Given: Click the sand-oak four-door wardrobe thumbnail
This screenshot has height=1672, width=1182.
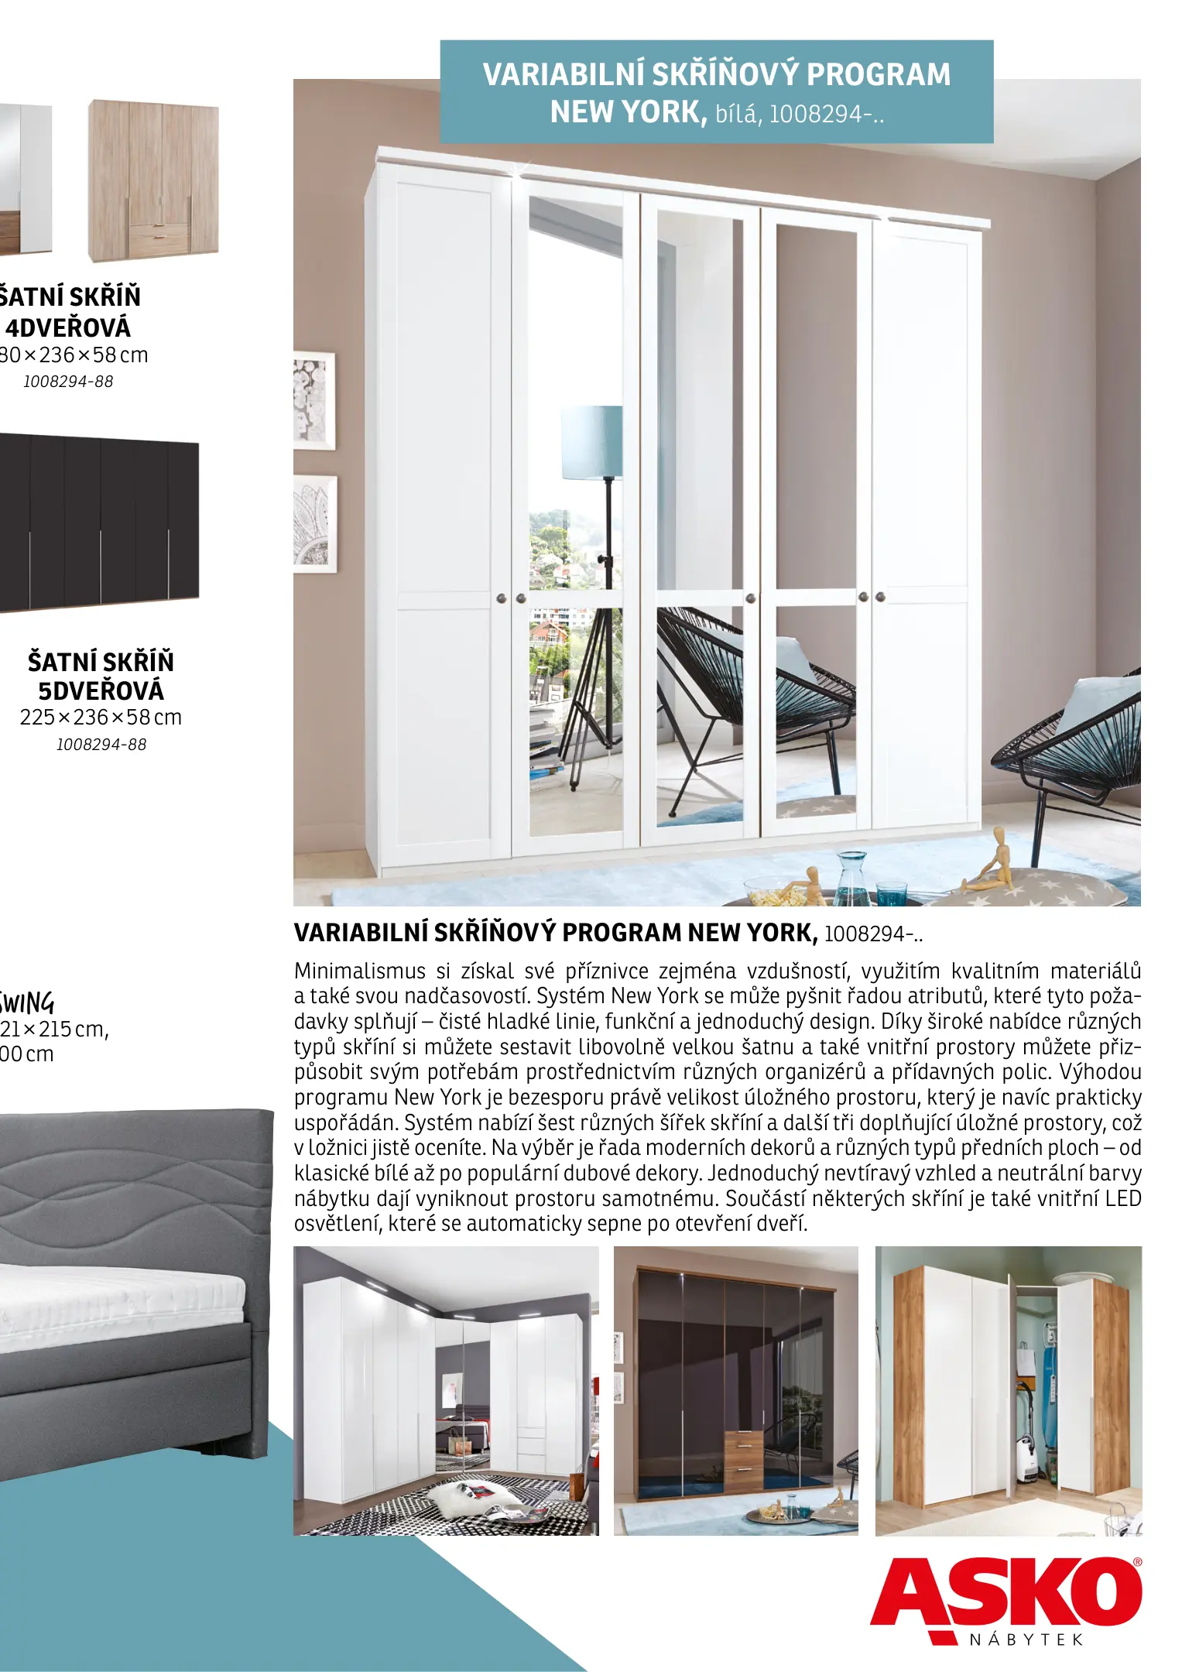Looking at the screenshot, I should [x=152, y=180].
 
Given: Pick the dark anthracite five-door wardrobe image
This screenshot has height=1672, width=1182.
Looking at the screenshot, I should [x=99, y=523].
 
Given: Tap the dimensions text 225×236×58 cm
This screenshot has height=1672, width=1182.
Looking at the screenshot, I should [x=101, y=718].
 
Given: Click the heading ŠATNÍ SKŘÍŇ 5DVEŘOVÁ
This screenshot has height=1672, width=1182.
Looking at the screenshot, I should [x=101, y=676].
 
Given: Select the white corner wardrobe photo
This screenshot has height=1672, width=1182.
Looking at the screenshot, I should [x=446, y=1391].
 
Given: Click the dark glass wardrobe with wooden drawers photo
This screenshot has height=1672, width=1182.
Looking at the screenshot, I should [x=735, y=1391].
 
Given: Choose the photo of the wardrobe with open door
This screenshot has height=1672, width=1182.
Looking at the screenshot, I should [x=1008, y=1391].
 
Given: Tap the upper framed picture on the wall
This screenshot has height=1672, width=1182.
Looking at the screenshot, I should [x=315, y=400].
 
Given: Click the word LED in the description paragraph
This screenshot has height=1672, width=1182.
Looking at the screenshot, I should [x=1122, y=1198].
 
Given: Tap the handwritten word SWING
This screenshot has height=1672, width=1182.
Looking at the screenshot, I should [x=27, y=1002].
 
